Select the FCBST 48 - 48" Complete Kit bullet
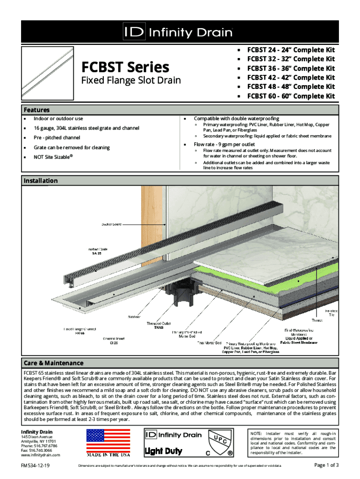pyautogui.click(x=291, y=87)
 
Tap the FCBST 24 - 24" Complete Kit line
pyautogui.click(x=291, y=50)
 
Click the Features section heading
pyautogui.click(x=37, y=110)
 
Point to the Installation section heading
pyautogui.click(x=41, y=181)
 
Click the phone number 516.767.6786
pyautogui.click(x=45, y=445)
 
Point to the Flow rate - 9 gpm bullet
pyautogui.click(x=224, y=145)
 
